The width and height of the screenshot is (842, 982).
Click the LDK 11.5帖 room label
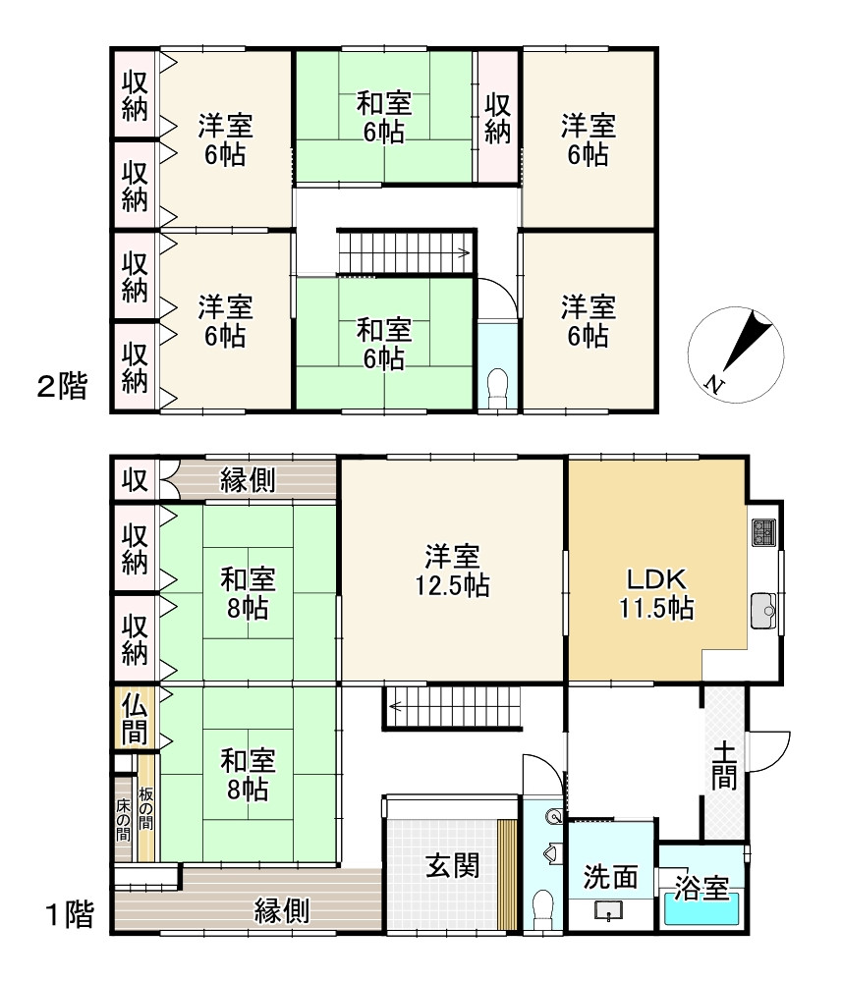(x=656, y=594)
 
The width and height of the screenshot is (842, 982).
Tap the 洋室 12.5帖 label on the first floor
(x=452, y=570)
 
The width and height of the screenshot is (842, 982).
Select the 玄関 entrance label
(x=452, y=867)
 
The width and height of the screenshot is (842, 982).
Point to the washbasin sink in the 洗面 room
(x=608, y=910)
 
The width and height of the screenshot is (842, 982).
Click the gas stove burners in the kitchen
(x=763, y=532)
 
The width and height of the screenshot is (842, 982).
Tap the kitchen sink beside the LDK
(x=763, y=610)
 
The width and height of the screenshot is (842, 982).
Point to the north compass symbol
(x=736, y=355)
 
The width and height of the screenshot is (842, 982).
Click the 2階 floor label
(x=62, y=386)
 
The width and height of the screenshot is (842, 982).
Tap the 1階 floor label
(x=70, y=914)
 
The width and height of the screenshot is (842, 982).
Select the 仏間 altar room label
(x=134, y=718)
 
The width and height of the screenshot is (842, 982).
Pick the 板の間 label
(x=145, y=808)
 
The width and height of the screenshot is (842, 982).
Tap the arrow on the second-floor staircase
(x=463, y=253)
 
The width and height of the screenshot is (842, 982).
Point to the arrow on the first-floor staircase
(x=397, y=707)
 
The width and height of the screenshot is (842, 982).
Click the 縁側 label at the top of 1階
(x=248, y=480)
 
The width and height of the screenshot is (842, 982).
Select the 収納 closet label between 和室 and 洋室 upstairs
(x=498, y=119)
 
